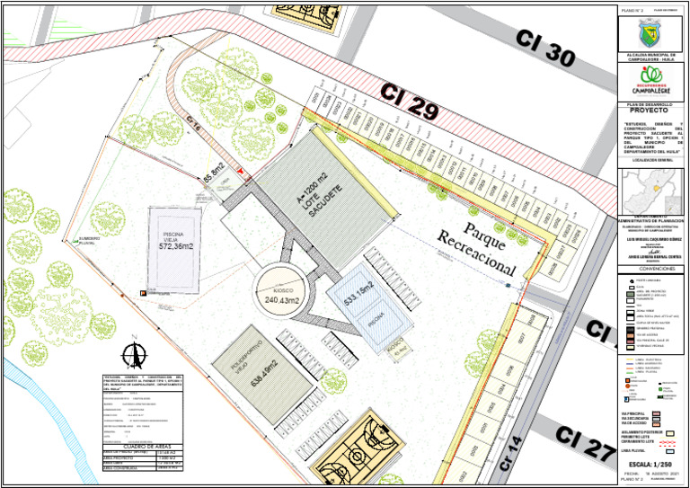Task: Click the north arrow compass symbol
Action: (134, 355)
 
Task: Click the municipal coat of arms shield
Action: (651, 33)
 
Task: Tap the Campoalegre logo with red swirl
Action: (651, 82)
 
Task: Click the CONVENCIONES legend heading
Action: (651, 268)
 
